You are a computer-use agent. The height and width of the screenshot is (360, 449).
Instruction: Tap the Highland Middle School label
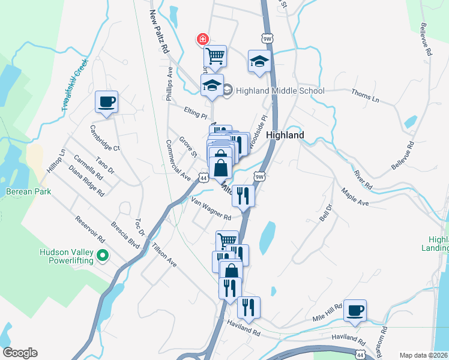point(280,91)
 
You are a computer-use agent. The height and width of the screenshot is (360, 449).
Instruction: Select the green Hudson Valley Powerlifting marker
point(102,257)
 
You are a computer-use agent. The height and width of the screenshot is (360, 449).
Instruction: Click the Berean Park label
point(28,191)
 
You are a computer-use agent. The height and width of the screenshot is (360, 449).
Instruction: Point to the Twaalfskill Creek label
point(74,85)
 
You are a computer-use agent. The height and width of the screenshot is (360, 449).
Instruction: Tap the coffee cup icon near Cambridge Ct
point(106,101)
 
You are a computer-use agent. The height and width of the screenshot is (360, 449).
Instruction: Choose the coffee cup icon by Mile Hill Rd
point(354,310)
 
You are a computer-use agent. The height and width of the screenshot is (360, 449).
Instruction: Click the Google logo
point(19,353)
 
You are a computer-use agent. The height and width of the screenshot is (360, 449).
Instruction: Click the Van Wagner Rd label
point(211,208)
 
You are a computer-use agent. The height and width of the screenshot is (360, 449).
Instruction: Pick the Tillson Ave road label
point(164,255)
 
